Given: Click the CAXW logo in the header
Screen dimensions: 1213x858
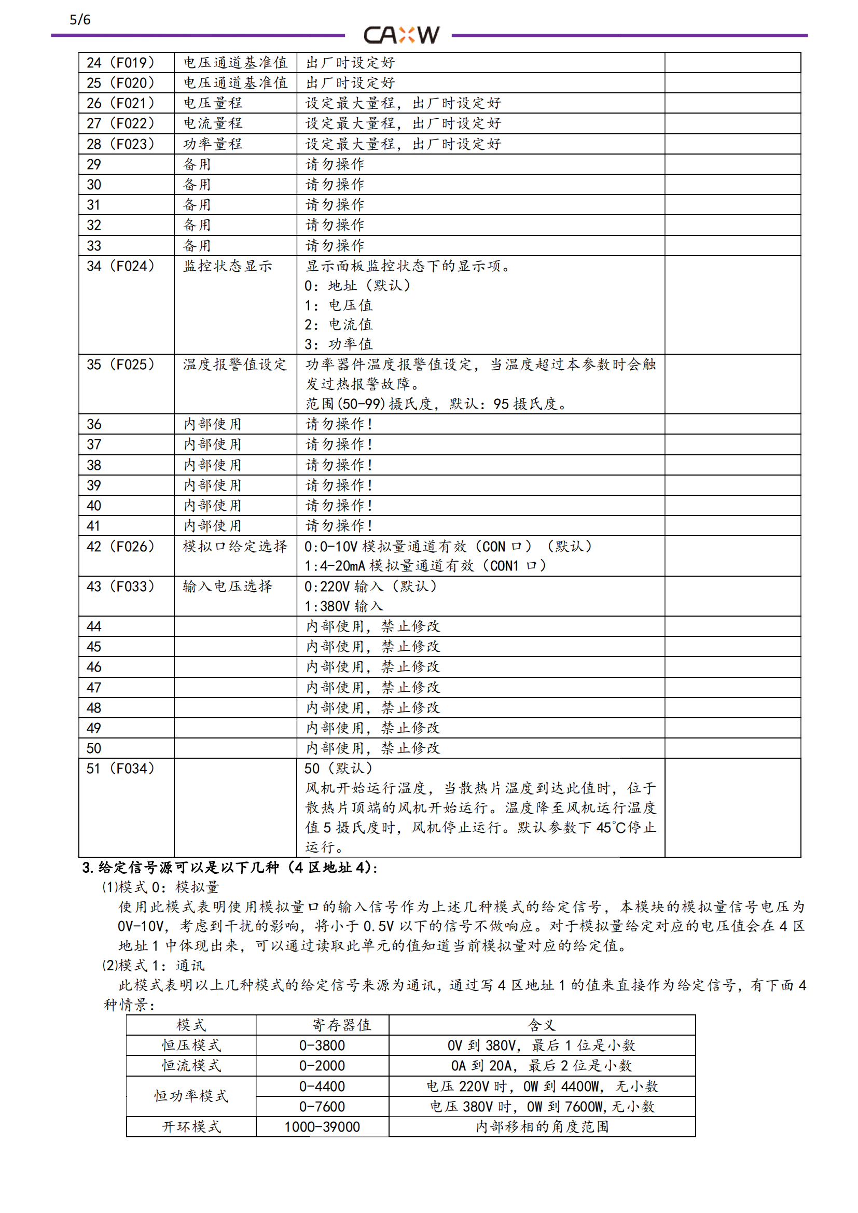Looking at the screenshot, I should (x=401, y=35).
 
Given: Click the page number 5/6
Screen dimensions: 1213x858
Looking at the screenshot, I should (x=80, y=20).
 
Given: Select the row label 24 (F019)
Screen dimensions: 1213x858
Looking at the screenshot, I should (x=120, y=63).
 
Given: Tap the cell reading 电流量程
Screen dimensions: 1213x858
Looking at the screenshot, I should (x=212, y=123).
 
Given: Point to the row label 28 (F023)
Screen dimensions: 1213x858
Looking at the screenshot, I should (x=120, y=144).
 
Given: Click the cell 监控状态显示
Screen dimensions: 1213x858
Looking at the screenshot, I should (x=227, y=266).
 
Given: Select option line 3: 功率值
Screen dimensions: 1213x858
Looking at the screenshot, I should (x=339, y=344).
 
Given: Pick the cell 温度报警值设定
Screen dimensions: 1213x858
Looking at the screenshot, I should (x=234, y=365).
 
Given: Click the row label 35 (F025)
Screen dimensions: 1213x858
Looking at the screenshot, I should (x=120, y=365).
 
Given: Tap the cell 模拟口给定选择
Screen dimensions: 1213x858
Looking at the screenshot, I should (x=234, y=546).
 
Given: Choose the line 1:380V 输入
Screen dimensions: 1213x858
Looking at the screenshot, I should (x=344, y=606).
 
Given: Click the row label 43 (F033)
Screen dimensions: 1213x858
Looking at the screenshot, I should (x=120, y=587).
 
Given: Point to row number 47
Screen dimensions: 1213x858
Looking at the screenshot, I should (x=94, y=687).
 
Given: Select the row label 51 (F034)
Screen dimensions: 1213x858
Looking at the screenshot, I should (x=120, y=769).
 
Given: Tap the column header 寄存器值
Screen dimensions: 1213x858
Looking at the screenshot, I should (x=341, y=1025).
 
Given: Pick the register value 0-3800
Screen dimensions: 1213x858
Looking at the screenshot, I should (x=322, y=1045).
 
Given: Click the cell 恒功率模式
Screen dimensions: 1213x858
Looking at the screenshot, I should (x=191, y=1096).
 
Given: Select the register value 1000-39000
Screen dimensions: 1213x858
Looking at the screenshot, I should (x=322, y=1126).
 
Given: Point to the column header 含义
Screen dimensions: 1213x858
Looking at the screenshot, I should (x=542, y=1025).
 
